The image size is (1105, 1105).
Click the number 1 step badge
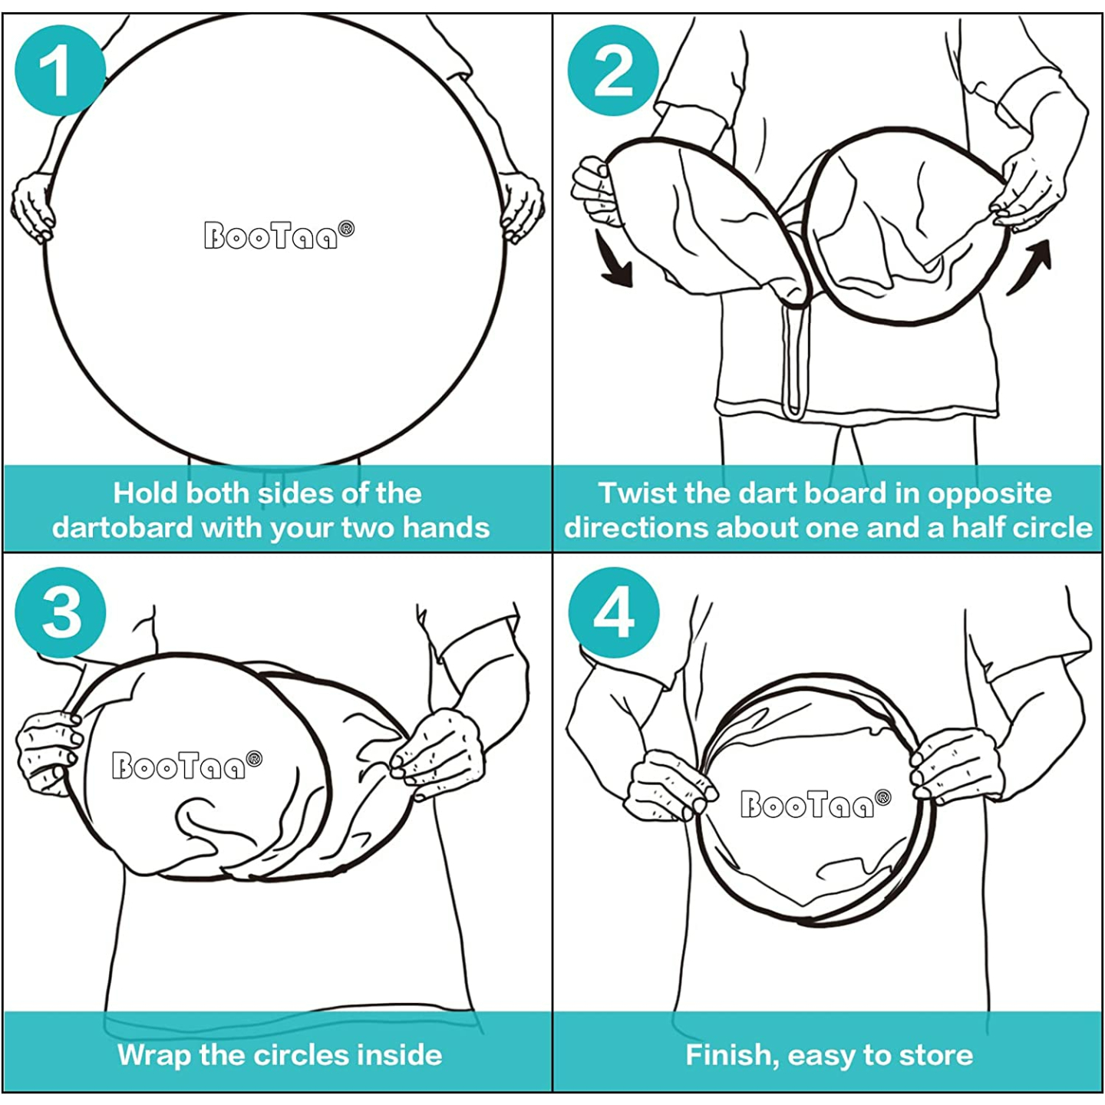(x=60, y=71)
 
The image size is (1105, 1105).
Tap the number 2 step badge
(x=613, y=71)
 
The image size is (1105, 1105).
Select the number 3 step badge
(x=60, y=612)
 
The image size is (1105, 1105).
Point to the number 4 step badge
(x=614, y=612)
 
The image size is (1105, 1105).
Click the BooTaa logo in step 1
(x=279, y=235)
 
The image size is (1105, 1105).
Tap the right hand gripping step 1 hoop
(x=521, y=206)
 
